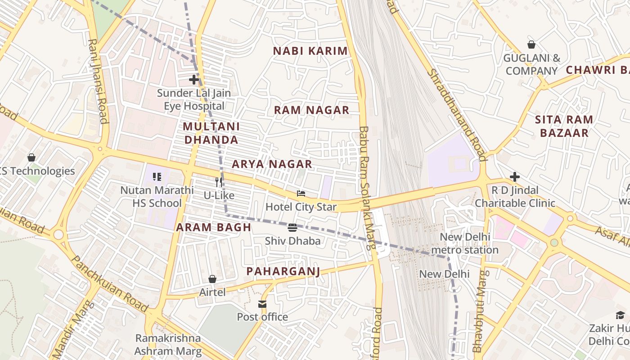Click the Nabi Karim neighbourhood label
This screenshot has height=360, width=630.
click(310, 51)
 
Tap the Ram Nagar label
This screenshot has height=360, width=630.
click(311, 110)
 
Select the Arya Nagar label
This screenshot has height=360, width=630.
click(272, 164)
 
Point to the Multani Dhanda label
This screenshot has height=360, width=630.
click(211, 133)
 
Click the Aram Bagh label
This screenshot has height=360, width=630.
click(213, 227)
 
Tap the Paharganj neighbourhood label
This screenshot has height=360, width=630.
click(283, 271)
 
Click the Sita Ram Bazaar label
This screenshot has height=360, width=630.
click(564, 126)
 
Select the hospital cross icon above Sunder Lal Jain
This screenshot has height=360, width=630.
click(194, 80)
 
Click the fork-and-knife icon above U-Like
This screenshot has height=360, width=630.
click(219, 182)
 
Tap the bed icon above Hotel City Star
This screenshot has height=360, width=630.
click(301, 193)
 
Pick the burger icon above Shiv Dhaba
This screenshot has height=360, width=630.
click(292, 227)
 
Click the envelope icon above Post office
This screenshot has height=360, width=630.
click(262, 304)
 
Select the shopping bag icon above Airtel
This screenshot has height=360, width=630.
click(212, 279)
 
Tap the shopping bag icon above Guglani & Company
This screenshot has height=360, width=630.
click(531, 45)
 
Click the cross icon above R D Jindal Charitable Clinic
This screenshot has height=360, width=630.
click(515, 177)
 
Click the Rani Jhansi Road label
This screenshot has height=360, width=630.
click(98, 81)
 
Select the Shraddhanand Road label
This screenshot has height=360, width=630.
click(456, 115)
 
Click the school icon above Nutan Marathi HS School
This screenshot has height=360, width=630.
click(157, 176)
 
